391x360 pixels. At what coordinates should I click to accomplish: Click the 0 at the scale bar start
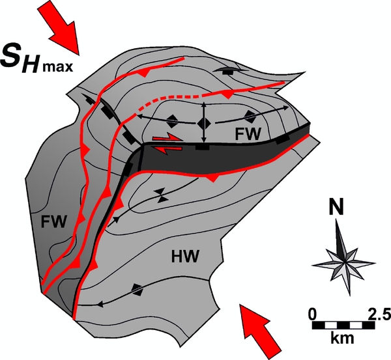coord(313,313)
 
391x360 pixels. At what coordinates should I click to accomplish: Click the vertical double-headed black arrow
coord(204,122)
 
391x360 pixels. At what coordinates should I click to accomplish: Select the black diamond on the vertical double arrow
coord(204,122)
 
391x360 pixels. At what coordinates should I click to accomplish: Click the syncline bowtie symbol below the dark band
coord(159,193)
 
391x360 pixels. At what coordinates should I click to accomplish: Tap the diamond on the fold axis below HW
coord(136,288)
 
